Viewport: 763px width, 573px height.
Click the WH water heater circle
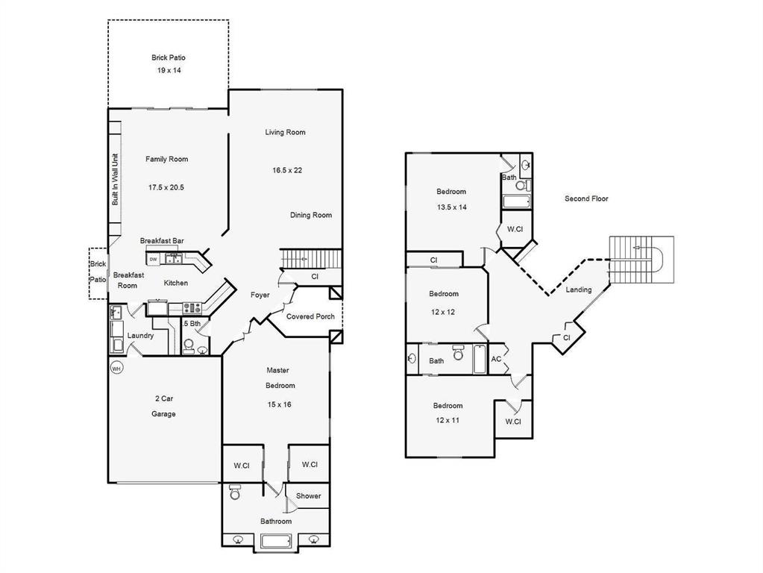(116, 368)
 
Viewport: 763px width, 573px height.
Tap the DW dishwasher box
(154, 260)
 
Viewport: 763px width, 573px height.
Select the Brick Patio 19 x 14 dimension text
(169, 70)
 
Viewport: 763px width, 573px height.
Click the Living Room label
(285, 132)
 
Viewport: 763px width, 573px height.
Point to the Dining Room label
(311, 215)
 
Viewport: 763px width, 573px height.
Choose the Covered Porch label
(310, 316)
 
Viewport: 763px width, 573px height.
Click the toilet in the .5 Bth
(188, 346)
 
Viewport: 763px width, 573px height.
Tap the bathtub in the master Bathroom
(276, 542)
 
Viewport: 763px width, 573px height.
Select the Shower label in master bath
(309, 495)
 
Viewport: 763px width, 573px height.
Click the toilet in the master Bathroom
(234, 492)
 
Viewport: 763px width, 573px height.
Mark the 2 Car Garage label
(163, 406)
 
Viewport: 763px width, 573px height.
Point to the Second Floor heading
(586, 198)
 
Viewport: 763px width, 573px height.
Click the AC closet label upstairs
(496, 360)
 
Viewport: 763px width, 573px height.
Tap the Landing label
(579, 289)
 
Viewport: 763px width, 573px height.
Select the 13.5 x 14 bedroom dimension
(451, 207)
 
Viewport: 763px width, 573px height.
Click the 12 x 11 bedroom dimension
(448, 420)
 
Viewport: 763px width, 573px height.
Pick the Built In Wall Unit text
(116, 180)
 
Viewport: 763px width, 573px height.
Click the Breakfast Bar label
(162, 240)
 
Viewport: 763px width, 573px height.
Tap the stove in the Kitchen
(192, 307)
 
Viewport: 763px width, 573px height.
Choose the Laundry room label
(140, 336)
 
